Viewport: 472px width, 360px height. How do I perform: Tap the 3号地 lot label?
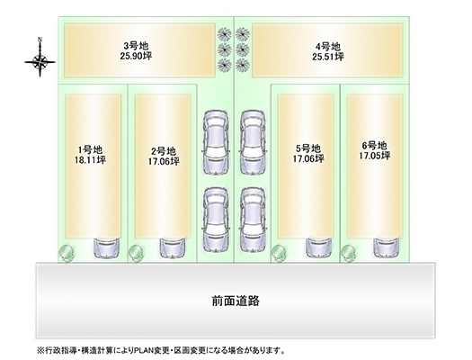(x=136, y=46)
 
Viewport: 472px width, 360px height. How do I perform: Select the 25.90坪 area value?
(x=136, y=56)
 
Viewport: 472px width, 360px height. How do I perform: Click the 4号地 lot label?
(x=328, y=47)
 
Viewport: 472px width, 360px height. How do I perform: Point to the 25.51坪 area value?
(x=328, y=57)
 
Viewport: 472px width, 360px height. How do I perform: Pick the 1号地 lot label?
(x=90, y=149)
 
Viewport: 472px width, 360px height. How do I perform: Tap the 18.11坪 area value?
(x=90, y=159)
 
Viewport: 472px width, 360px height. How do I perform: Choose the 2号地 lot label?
(x=163, y=150)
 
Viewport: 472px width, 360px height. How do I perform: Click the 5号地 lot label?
(x=308, y=148)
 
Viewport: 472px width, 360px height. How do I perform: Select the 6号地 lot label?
(x=375, y=146)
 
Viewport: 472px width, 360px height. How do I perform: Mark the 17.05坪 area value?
(x=375, y=156)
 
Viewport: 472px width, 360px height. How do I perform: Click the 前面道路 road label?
(x=236, y=301)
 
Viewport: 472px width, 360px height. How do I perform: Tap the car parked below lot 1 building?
(x=107, y=248)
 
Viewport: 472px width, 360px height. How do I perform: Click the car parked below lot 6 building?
(x=387, y=248)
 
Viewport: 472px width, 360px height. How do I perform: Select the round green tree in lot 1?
(x=66, y=253)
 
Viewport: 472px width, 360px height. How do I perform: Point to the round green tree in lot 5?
(x=279, y=253)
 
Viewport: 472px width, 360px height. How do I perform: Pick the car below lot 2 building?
(x=173, y=248)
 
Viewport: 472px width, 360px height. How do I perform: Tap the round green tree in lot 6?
(x=348, y=253)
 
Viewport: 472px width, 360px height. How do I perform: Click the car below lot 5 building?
(x=319, y=248)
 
